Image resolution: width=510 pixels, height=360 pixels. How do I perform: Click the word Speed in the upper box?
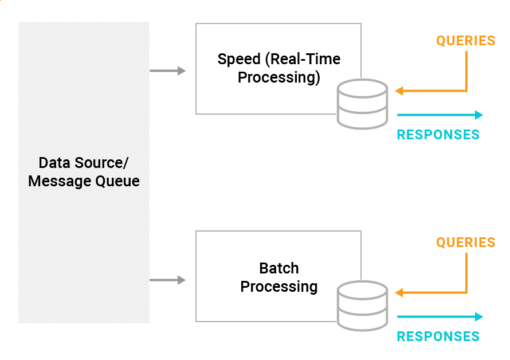pos(239,60)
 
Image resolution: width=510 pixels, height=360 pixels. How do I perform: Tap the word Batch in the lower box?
pos(278,268)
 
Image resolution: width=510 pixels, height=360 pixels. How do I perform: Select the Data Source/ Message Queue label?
pos(84,172)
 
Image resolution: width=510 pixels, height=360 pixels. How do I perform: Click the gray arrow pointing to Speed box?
pos(167,71)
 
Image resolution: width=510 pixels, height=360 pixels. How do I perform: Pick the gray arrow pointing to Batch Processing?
pos(167,280)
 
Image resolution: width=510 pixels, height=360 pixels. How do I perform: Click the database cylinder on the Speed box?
pos(362,104)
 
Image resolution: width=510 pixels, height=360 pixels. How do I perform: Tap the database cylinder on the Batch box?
pos(362,306)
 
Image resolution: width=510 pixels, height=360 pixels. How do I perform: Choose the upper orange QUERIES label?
pos(465,41)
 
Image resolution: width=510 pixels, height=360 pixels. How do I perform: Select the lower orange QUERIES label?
pos(465,242)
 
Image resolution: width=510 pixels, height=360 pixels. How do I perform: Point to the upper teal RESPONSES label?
pos(438,135)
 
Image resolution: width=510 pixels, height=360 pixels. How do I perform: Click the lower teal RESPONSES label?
pos(438,336)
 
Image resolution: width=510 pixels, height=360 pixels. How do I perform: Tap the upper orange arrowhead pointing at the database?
pos(399,91)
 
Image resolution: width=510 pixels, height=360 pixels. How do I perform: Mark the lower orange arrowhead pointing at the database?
pos(399,292)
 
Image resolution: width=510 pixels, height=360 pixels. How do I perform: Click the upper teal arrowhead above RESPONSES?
pos(479,115)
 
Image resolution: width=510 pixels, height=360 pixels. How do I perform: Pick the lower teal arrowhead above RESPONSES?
pos(479,316)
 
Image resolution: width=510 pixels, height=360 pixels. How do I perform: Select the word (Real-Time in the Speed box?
pos(303,60)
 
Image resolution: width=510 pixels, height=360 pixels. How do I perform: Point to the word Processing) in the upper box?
pos(278,78)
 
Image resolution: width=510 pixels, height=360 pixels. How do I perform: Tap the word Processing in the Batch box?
pos(278,287)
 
